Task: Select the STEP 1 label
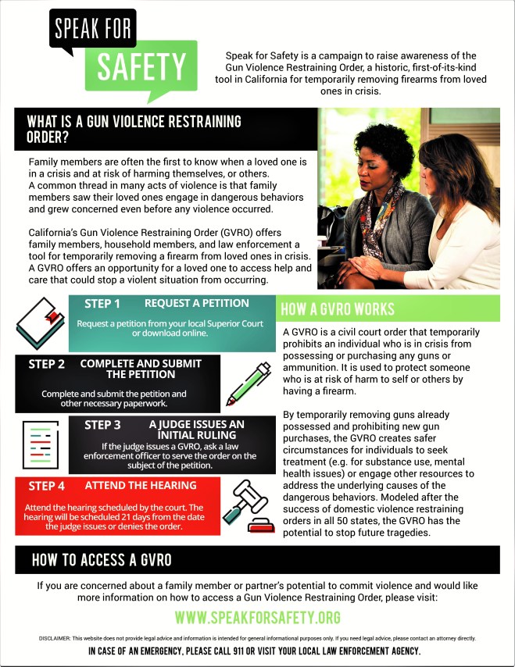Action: [x=102, y=304]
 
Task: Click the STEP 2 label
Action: [x=47, y=364]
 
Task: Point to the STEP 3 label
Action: [x=102, y=425]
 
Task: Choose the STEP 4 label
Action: [x=47, y=486]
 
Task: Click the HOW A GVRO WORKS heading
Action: [x=338, y=309]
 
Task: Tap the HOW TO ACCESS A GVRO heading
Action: [x=102, y=560]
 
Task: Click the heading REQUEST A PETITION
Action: [x=196, y=303]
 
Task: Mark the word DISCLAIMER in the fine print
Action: [x=55, y=638]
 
